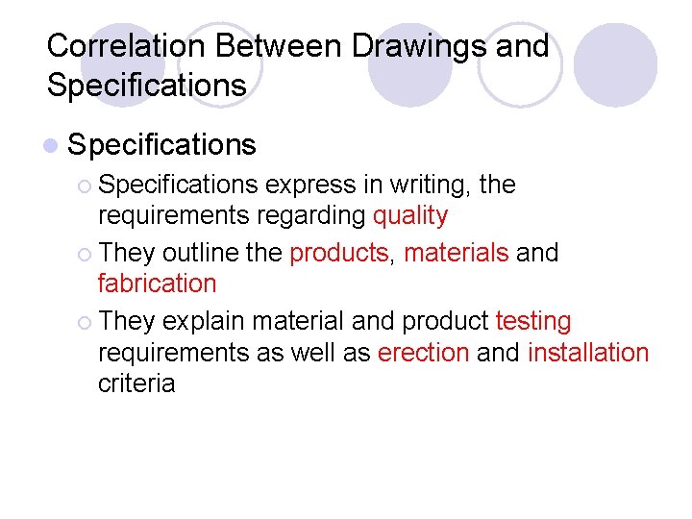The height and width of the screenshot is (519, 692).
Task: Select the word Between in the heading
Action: [275, 45]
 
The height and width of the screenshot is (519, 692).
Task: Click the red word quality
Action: [410, 215]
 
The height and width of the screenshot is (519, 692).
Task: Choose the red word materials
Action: [457, 253]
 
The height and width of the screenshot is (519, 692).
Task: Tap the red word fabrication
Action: [158, 284]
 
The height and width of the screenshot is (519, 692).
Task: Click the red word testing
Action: [533, 321]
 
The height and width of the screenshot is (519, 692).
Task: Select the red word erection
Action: [423, 353]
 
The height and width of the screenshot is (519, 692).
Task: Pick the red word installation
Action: [588, 353]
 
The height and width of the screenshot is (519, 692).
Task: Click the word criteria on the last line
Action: [136, 383]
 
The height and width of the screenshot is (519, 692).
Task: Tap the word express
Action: [309, 185]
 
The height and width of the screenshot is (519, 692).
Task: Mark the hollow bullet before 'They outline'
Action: [86, 254]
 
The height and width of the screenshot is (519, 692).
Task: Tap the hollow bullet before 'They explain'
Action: [86, 322]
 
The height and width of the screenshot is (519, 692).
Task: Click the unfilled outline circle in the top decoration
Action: [520, 65]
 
